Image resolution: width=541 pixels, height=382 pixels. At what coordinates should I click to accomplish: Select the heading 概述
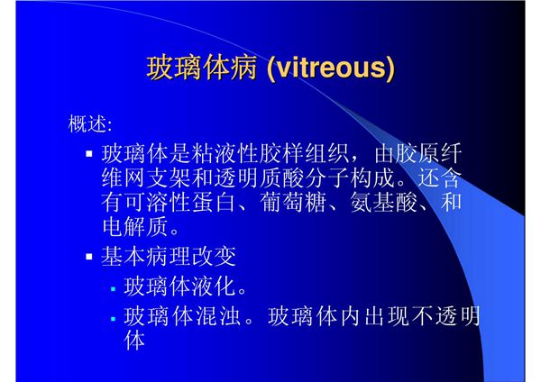coord(90,121)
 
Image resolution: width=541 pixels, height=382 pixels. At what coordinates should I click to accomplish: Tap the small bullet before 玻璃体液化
coord(114,289)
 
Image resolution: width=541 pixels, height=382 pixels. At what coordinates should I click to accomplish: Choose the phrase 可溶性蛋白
coord(180,200)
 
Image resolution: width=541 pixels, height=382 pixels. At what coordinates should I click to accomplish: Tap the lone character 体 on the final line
coord(134,341)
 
